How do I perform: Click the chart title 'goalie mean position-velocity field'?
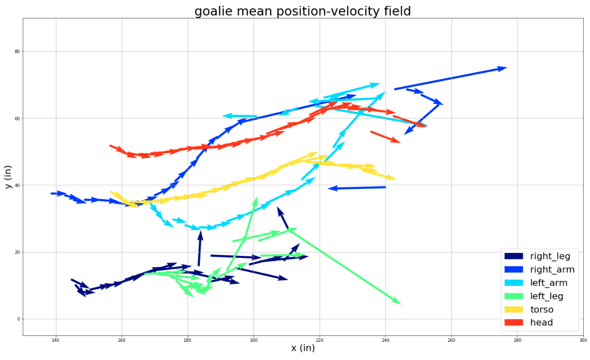pos(303,11)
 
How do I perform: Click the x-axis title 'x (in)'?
pos(303,348)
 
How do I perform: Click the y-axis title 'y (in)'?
pos(8,177)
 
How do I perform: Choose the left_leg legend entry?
pos(534,296)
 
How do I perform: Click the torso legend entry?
pos(529,309)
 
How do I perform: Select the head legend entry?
pos(529,323)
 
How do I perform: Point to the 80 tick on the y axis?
pos(17,52)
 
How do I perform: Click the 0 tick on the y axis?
pos(19,319)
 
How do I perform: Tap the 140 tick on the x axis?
pos(56,340)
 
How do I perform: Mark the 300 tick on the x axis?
pos(583,340)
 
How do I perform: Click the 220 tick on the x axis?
pos(319,340)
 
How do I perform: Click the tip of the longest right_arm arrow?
pos(507,68)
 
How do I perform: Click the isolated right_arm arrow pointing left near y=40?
pos(357,188)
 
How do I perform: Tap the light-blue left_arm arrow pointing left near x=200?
pos(239,116)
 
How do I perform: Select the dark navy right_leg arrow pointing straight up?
pos(199,249)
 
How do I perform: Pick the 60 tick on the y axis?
pos(17,118)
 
